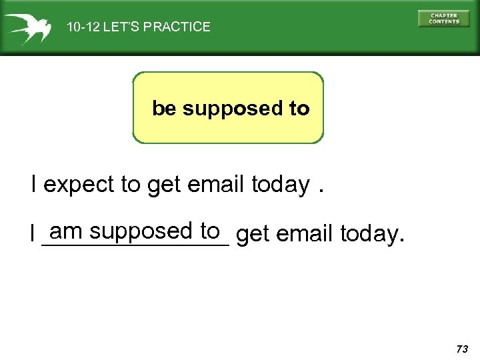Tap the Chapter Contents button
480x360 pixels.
point(444,19)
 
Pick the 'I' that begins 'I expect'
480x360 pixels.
point(34,183)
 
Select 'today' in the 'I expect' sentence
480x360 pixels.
point(281,185)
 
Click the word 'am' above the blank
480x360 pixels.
point(65,231)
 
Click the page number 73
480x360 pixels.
point(462,349)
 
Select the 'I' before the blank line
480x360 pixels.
point(32,234)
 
